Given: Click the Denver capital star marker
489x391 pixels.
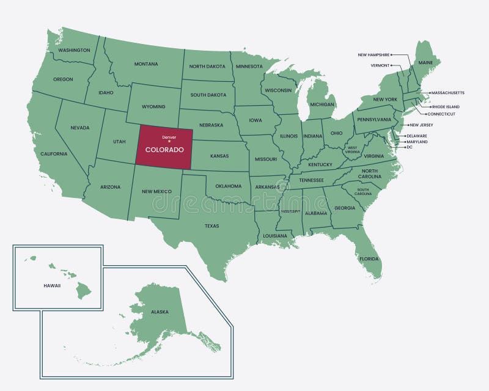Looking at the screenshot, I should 169,142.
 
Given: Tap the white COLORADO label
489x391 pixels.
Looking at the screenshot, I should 164,150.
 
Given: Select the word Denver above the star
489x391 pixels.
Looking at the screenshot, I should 169,137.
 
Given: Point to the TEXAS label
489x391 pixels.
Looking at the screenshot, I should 211,226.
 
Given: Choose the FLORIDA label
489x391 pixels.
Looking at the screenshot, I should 369,259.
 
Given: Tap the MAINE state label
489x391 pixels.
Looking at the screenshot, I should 425,63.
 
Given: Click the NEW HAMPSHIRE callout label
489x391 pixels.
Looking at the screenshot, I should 373,55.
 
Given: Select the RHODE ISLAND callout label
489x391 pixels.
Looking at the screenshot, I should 446,107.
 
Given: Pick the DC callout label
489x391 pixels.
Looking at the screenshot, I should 410,147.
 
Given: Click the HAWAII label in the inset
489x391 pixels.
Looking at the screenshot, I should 52,286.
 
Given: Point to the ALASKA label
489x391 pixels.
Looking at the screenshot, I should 160,312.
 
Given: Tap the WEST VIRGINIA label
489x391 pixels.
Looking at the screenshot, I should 353,149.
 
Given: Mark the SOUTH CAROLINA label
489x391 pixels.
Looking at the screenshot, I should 362,191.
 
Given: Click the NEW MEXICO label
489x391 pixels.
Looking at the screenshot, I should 156,191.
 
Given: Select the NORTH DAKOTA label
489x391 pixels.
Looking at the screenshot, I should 207,67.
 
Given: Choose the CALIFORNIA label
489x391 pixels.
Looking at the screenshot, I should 54,154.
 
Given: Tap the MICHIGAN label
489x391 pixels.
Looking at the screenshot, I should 322,104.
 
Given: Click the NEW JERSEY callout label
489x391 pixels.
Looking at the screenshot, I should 421,125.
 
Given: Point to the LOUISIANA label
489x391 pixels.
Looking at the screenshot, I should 275,236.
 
